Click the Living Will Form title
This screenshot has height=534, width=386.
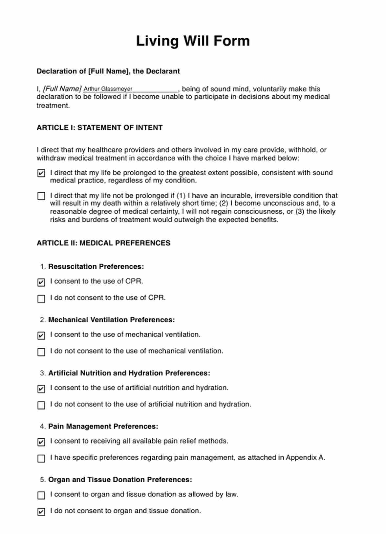(x=193, y=41)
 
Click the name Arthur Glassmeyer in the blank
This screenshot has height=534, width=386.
(x=108, y=89)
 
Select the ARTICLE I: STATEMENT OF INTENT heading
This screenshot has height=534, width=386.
(x=99, y=128)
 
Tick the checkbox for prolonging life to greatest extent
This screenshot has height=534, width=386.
(x=41, y=173)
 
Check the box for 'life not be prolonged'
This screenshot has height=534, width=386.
(x=41, y=196)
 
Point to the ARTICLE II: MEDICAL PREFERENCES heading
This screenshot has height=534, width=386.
(x=103, y=243)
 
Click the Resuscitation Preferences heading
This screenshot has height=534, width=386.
(x=96, y=267)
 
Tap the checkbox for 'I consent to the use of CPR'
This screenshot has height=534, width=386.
(x=41, y=282)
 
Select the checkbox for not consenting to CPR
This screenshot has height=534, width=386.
(x=41, y=298)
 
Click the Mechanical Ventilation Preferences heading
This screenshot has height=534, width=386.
(x=111, y=320)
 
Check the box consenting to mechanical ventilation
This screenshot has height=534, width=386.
(x=41, y=335)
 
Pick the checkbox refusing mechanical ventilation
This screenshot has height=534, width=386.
(x=41, y=352)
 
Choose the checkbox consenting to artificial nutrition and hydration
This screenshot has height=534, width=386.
(x=41, y=389)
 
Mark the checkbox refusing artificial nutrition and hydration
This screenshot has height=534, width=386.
(x=41, y=405)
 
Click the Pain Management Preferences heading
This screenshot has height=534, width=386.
(x=103, y=427)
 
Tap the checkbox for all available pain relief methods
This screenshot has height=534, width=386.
(x=41, y=442)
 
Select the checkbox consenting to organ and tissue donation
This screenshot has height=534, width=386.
(x=41, y=495)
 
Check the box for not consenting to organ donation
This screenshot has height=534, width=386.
(x=41, y=511)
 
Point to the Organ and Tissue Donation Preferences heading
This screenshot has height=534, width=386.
(x=120, y=480)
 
